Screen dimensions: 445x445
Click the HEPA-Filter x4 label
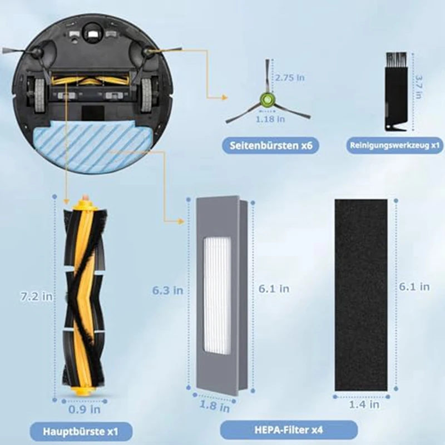(x=288, y=429)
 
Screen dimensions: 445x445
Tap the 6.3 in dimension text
(x=168, y=290)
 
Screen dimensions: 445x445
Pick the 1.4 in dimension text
(x=364, y=405)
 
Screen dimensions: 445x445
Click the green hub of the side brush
(x=268, y=100)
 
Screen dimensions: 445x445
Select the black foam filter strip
(x=361, y=295)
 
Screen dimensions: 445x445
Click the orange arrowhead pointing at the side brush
(x=225, y=97)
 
